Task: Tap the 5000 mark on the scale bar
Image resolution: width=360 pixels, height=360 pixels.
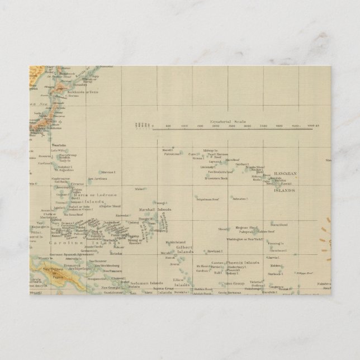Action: pos(311,127)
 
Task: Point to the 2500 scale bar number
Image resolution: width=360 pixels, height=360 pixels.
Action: pos(232,127)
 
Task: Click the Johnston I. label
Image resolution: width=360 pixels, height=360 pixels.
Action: pos(239,198)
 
